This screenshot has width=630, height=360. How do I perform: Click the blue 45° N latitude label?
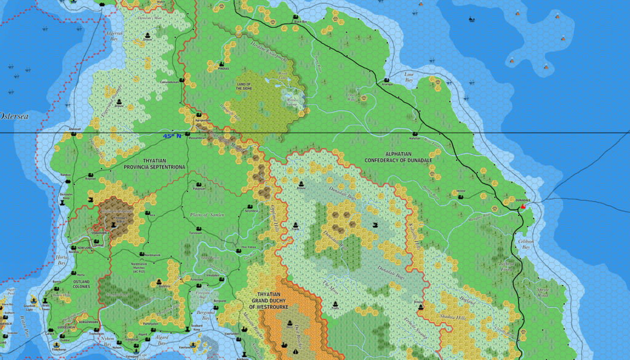(x=172, y=136)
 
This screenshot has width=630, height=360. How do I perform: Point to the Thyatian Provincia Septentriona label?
(x=155, y=164)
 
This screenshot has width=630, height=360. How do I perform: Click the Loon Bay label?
(x=409, y=77)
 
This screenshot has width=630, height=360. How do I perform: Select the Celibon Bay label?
(x=525, y=244)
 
